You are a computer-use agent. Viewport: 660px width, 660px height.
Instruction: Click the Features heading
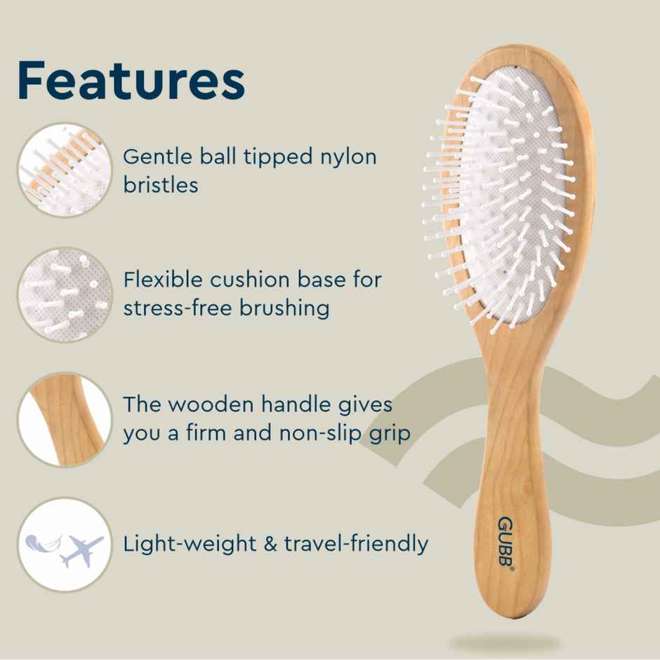point(131,81)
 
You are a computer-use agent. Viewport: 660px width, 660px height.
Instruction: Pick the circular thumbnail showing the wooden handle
point(65,420)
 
